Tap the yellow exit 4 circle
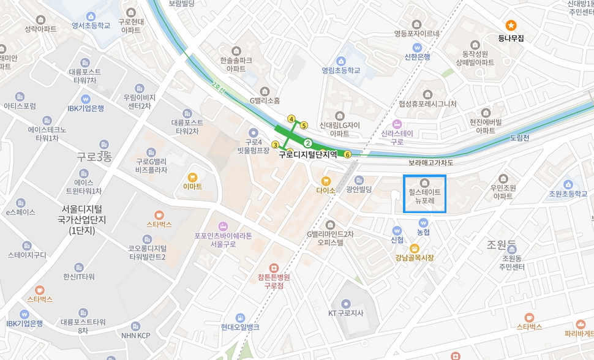tap(291, 119)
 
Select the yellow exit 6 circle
tap(348, 154)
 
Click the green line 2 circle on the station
tap(308, 143)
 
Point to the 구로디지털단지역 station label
tap(308, 155)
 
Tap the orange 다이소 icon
tap(326, 181)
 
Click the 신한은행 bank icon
tap(417, 47)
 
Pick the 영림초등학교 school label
tap(341, 70)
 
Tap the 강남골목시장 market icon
tap(415, 248)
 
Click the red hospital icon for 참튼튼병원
tap(274, 268)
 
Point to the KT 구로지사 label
tap(346, 313)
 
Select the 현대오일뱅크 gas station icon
tap(241, 318)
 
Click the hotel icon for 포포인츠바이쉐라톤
tap(223, 225)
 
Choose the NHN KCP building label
tap(135, 336)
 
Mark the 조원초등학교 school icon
tap(568, 184)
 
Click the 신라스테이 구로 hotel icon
tap(397, 124)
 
